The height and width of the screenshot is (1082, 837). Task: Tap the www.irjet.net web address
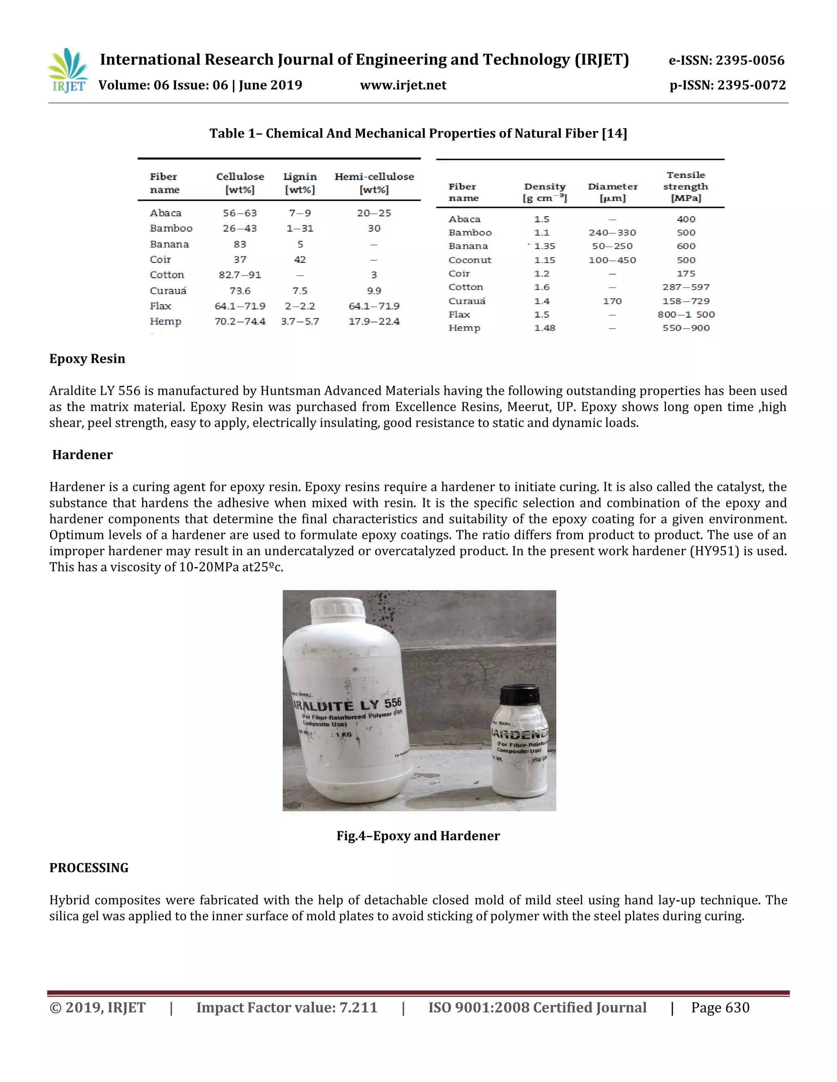click(x=403, y=85)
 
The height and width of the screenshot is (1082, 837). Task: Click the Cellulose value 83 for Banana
click(x=240, y=244)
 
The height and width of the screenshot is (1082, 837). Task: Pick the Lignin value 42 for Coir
click(x=300, y=260)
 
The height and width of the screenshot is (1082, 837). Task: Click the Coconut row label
click(x=470, y=260)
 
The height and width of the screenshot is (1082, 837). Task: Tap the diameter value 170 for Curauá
click(x=612, y=301)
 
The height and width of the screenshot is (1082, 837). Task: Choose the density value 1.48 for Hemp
click(x=544, y=328)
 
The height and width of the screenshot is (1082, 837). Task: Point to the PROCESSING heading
click(x=89, y=868)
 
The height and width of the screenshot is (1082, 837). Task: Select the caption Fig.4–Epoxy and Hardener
click(x=418, y=836)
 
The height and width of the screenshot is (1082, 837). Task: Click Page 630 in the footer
click(x=720, y=1007)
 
